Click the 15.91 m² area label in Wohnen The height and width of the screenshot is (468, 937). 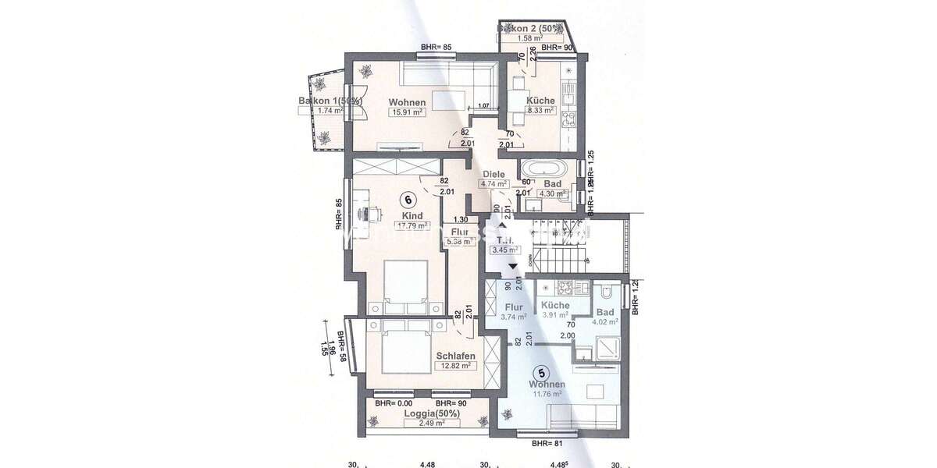click(406, 112)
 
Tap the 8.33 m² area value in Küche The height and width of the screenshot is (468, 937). click(540, 111)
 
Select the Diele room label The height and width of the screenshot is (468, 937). click(493, 174)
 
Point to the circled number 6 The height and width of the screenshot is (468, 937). click(405, 198)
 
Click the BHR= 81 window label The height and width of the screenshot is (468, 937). click(548, 444)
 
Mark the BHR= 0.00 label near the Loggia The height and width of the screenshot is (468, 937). click(393, 403)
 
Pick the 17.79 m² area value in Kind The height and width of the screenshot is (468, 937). click(411, 226)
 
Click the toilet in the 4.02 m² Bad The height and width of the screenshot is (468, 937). click(606, 294)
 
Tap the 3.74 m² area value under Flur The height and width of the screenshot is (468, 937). click(514, 317)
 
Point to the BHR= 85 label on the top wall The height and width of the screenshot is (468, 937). click(436, 48)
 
